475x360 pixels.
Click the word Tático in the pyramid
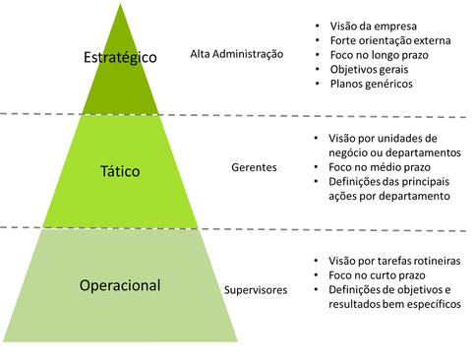[x=120, y=171]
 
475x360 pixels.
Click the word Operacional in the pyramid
[x=120, y=286]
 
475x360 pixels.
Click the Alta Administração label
[x=236, y=55]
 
